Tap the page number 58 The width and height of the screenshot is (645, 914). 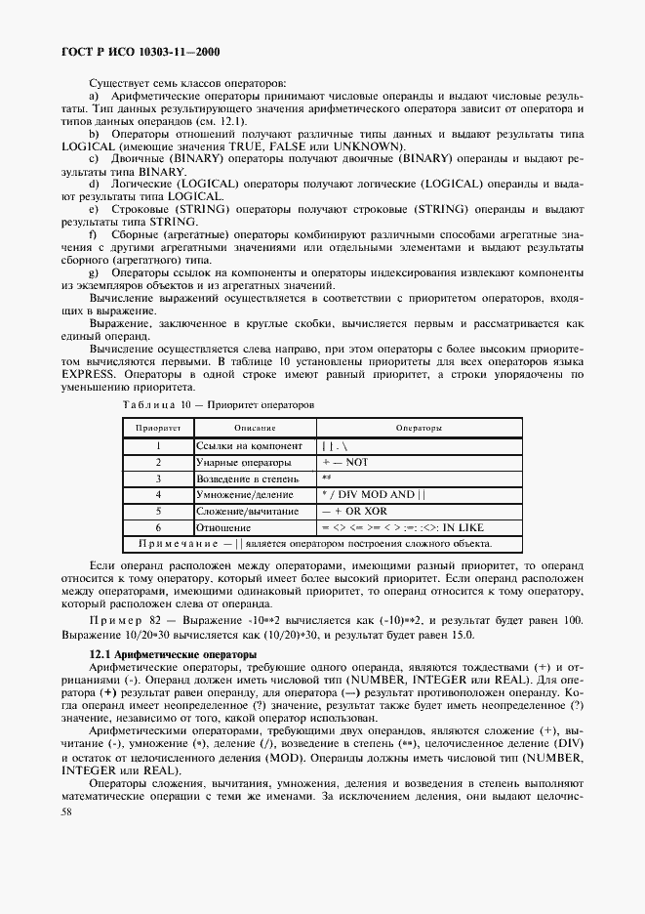[x=66, y=810]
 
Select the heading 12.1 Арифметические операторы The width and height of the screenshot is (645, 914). [x=173, y=653]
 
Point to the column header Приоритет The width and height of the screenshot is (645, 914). [x=157, y=428]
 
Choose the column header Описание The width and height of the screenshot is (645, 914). [x=255, y=428]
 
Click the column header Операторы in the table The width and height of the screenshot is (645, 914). [x=419, y=428]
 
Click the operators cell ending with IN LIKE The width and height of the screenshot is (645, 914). [x=403, y=527]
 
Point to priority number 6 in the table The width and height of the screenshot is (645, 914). [x=157, y=527]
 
